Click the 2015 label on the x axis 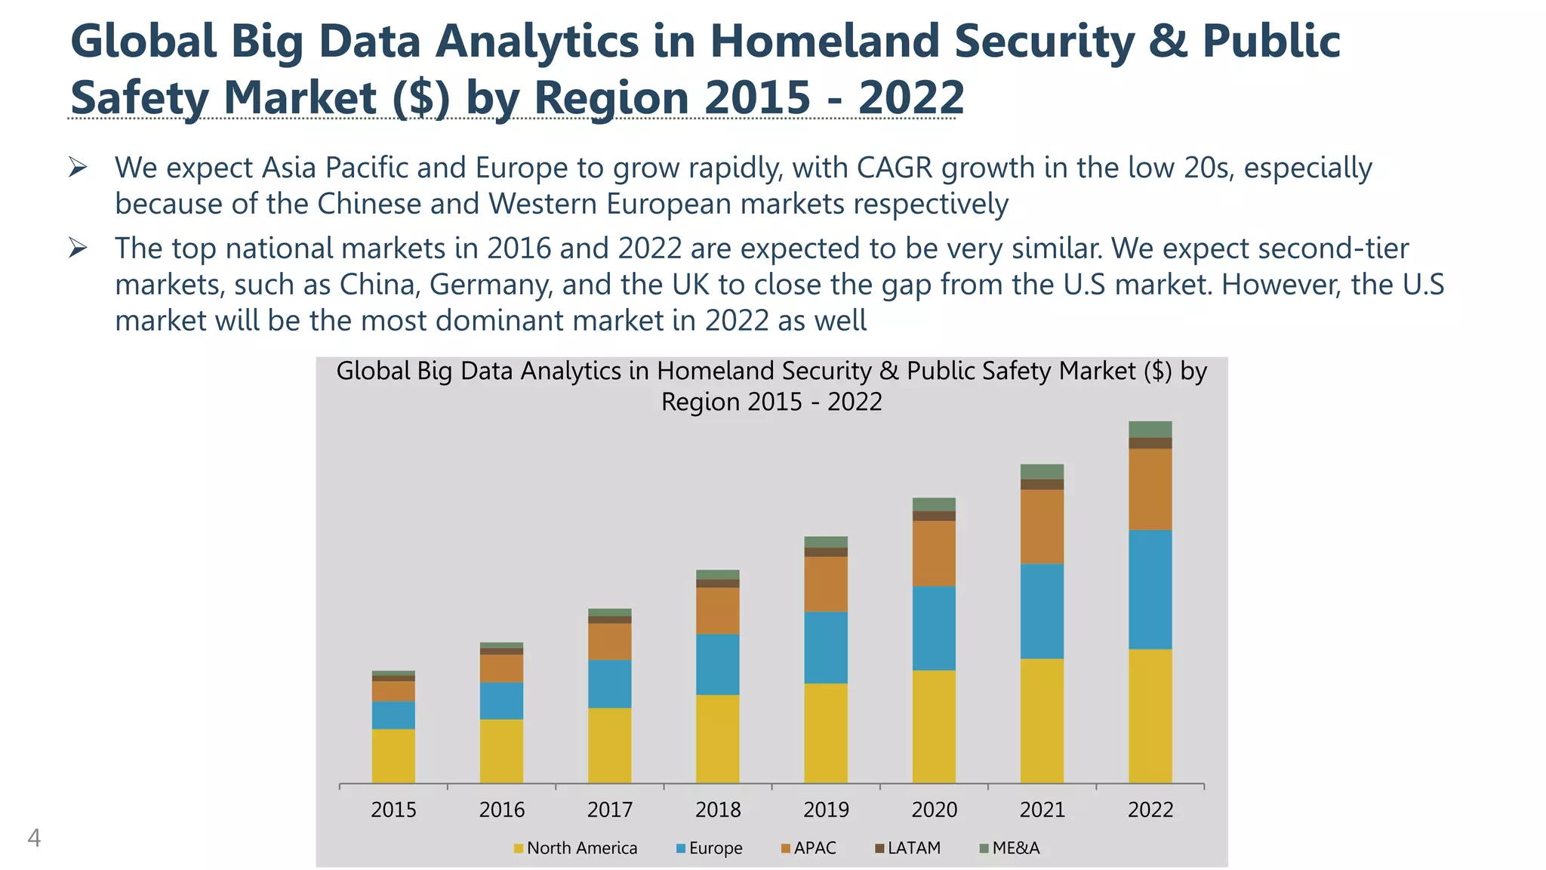pyautogui.click(x=393, y=810)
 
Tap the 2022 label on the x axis pyautogui.click(x=1150, y=810)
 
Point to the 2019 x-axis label pyautogui.click(x=826, y=810)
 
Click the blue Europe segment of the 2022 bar pyautogui.click(x=1150, y=589)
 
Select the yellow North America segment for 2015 pyautogui.click(x=393, y=755)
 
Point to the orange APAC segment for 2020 pyautogui.click(x=934, y=553)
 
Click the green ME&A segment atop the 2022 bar pyautogui.click(x=1150, y=429)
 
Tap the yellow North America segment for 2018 pyautogui.click(x=717, y=739)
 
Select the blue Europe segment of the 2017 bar pyautogui.click(x=609, y=683)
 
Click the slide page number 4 pyautogui.click(x=34, y=838)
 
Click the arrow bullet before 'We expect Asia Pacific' pyautogui.click(x=78, y=167)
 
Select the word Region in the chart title pyautogui.click(x=701, y=402)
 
